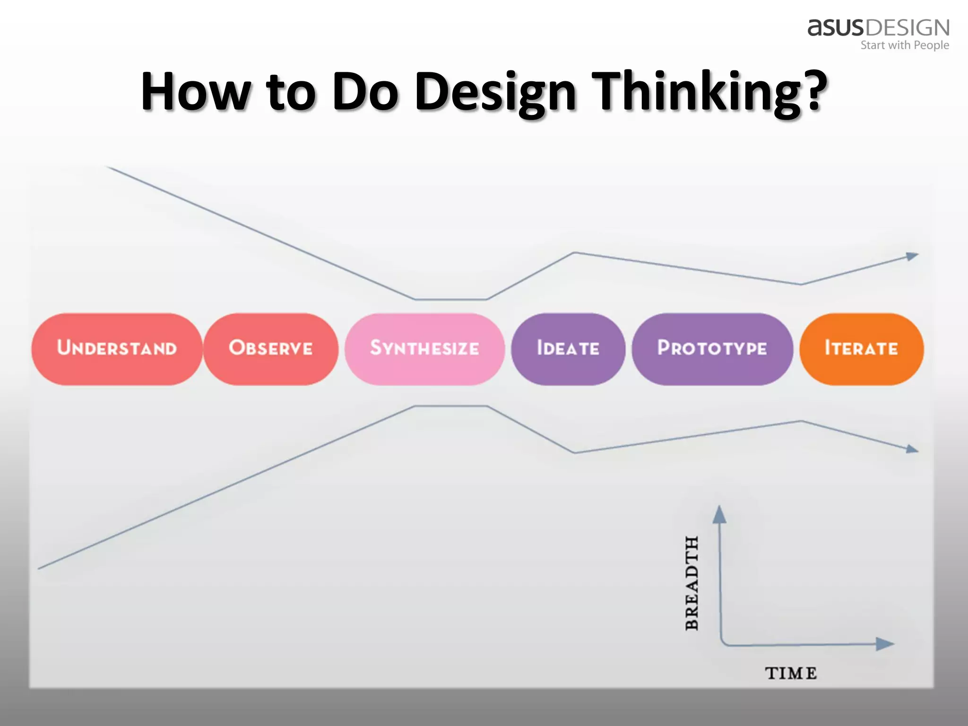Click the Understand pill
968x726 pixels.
tap(117, 349)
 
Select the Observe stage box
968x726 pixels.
tap(271, 349)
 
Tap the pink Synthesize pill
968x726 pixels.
tap(424, 349)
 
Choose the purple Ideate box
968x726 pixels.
tap(568, 349)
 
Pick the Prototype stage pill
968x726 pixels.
tap(712, 349)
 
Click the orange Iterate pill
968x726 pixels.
tap(861, 349)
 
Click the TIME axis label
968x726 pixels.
tap(791, 673)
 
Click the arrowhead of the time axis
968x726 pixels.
tap(885, 644)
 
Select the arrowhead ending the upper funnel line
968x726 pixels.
tap(912, 257)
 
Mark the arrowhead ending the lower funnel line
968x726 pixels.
tap(912, 449)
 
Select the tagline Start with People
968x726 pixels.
tap(904, 45)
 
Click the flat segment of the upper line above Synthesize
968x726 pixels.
tap(451, 299)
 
